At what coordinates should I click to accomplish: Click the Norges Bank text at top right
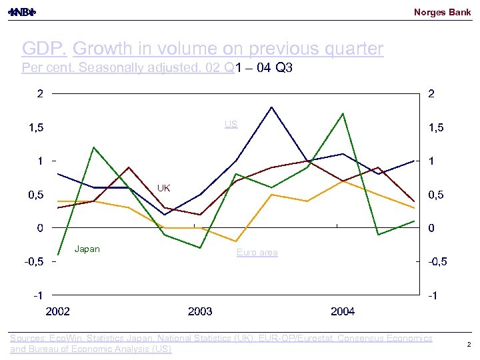tap(442, 12)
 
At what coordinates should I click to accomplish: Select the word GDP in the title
tap(44, 49)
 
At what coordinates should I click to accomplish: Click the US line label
tap(231, 124)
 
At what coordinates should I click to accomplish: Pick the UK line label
tap(164, 188)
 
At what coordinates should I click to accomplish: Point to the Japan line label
tap(87, 249)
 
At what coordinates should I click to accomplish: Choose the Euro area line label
tap(257, 252)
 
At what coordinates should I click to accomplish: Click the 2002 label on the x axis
tap(58, 311)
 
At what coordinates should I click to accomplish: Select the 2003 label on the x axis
tap(200, 311)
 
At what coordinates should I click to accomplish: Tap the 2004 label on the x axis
tap(343, 311)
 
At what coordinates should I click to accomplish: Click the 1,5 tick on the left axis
tap(36, 127)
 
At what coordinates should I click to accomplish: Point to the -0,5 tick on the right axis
tap(437, 261)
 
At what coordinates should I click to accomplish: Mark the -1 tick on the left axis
tap(39, 295)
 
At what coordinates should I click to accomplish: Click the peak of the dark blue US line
tap(271, 107)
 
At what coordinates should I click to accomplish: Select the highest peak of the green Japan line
tap(343, 113)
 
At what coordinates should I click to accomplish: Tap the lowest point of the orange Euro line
tap(236, 241)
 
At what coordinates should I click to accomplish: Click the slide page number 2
tap(469, 345)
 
